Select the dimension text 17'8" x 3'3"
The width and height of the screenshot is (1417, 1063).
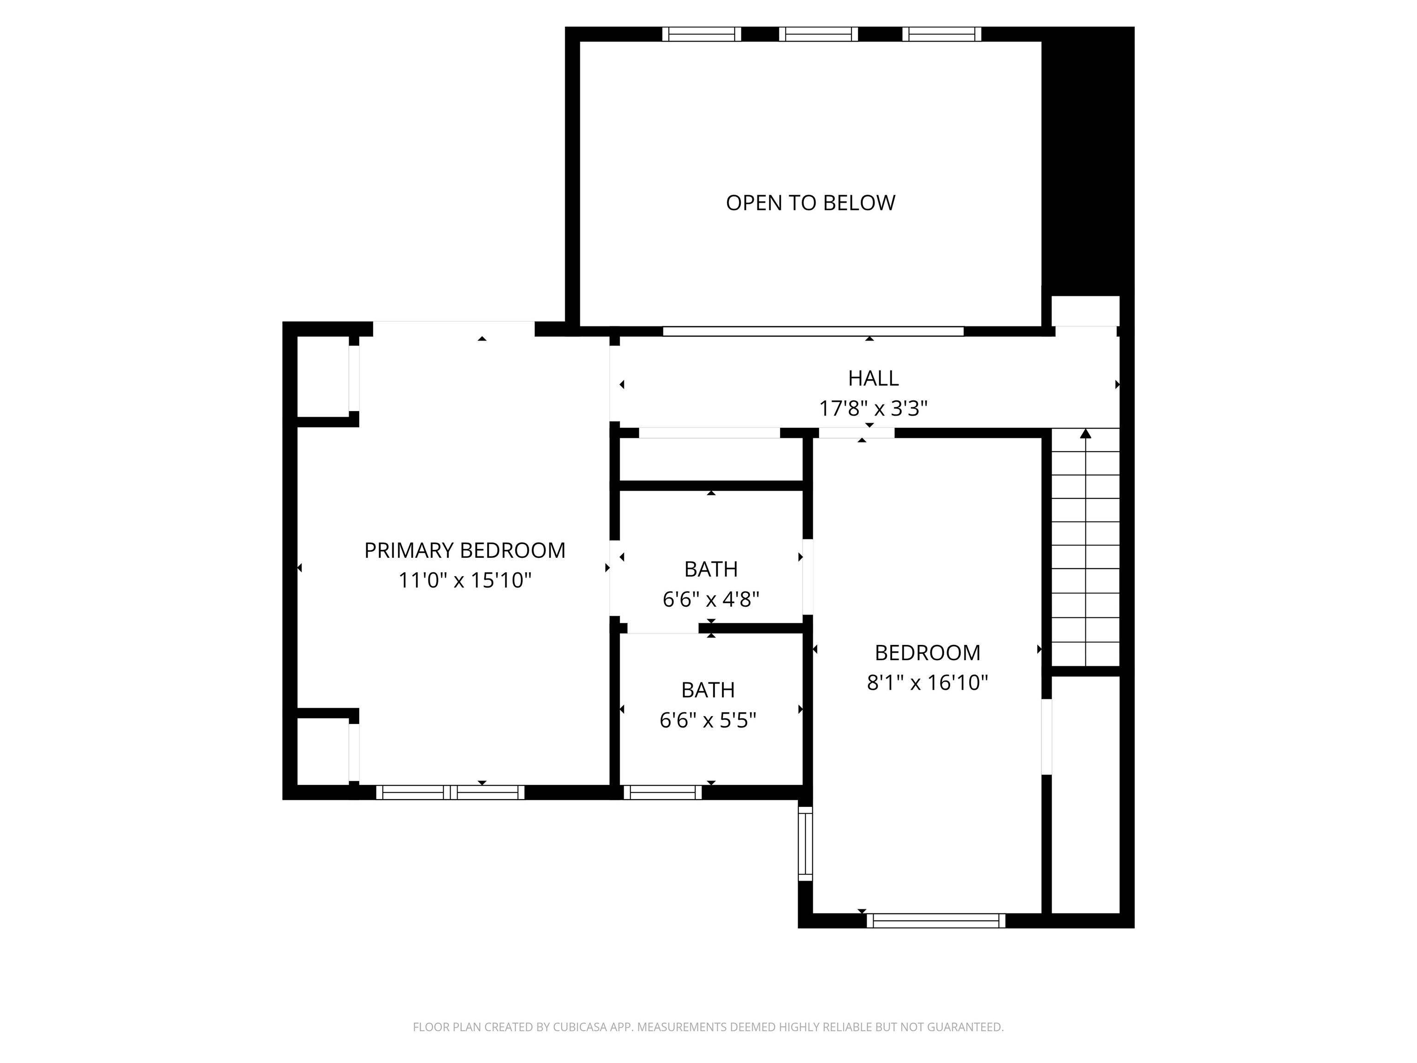(873, 408)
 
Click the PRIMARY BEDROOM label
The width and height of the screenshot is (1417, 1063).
(464, 550)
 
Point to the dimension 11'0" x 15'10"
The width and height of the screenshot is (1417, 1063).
(464, 580)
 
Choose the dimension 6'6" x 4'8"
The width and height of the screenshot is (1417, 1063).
(710, 599)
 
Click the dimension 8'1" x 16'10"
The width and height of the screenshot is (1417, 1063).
(927, 682)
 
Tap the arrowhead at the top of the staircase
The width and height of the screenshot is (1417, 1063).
(1085, 434)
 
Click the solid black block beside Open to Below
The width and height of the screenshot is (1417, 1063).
(1087, 160)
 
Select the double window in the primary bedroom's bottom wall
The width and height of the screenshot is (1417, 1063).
(450, 792)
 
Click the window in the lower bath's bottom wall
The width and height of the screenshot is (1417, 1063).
(662, 792)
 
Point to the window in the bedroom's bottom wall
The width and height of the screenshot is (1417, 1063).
(935, 921)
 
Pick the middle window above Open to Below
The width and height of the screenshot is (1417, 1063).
(818, 34)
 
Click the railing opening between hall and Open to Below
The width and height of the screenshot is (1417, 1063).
(812, 331)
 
